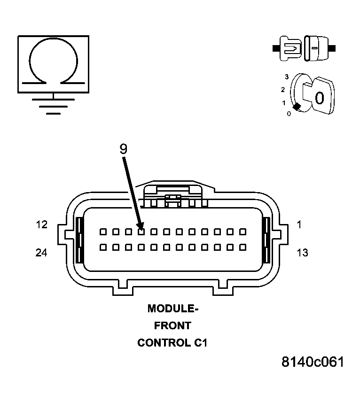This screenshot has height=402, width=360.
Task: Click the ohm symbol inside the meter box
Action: (53, 63)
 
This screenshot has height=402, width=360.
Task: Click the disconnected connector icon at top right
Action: (304, 48)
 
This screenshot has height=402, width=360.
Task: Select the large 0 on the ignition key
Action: (319, 98)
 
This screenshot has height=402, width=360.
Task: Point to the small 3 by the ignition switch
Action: (286, 76)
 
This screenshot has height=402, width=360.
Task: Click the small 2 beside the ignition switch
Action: (283, 89)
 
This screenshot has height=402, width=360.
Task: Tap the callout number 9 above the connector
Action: (123, 149)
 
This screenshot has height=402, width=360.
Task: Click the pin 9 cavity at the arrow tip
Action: (141, 232)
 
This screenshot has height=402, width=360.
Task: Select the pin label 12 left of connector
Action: (42, 225)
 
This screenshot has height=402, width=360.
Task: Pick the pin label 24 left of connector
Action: (42, 253)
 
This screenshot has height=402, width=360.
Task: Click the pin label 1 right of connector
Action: (299, 225)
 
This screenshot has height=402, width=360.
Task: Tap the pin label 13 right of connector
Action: (302, 253)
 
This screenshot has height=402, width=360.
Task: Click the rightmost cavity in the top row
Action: (243, 232)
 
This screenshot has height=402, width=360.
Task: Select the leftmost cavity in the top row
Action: (102, 232)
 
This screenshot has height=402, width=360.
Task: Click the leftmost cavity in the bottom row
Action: (102, 247)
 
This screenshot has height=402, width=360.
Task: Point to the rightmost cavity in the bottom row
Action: (243, 247)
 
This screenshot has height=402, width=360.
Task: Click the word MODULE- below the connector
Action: (173, 309)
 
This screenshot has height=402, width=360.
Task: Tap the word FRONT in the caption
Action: (172, 325)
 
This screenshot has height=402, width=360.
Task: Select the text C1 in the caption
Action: (200, 343)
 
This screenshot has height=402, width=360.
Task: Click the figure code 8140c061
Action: (313, 362)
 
